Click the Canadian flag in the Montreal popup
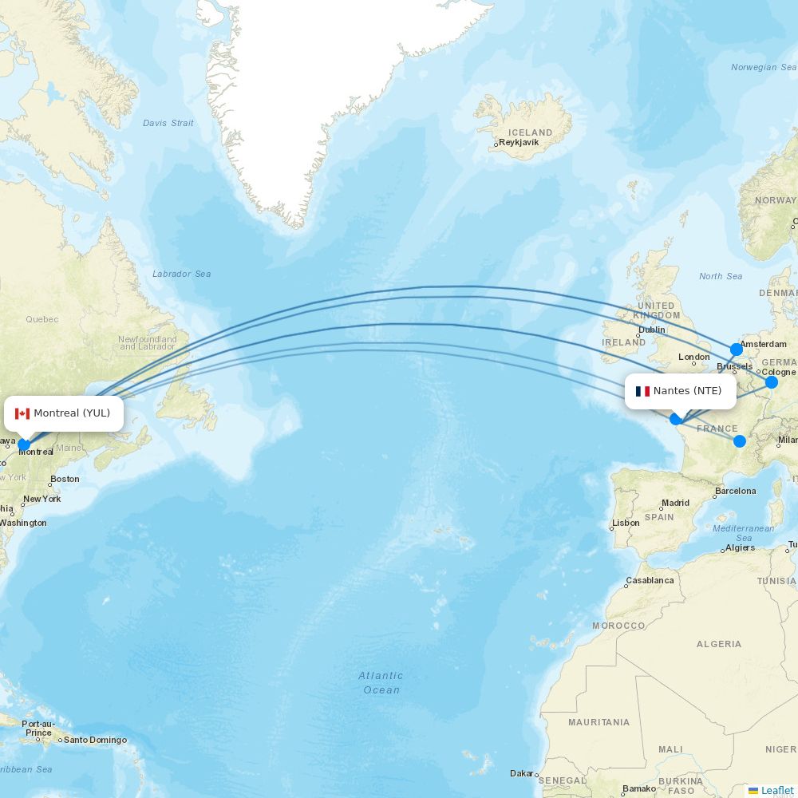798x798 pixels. [x=22, y=413]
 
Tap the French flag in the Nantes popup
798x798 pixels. [x=642, y=391]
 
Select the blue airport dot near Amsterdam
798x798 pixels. [x=736, y=350]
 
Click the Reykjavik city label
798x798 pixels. [x=519, y=143]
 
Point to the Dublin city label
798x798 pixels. [x=651, y=330]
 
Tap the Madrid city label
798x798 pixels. [x=675, y=503]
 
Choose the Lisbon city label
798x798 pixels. [x=626, y=523]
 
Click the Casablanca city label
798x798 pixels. [x=650, y=580]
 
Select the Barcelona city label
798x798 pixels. [x=735, y=491]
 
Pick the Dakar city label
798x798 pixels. [x=522, y=773]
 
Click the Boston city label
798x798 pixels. [x=65, y=479]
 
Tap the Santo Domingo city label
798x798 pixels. [x=95, y=740]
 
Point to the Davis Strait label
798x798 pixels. [x=168, y=123]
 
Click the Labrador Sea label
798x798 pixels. [x=181, y=274]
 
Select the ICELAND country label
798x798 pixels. [x=530, y=132]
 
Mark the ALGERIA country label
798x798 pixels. [x=718, y=644]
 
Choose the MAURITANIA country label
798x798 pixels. [x=598, y=722]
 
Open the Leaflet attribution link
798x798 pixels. [x=776, y=790]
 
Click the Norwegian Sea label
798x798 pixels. [x=764, y=67]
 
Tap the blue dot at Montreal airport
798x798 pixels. [x=24, y=445]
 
